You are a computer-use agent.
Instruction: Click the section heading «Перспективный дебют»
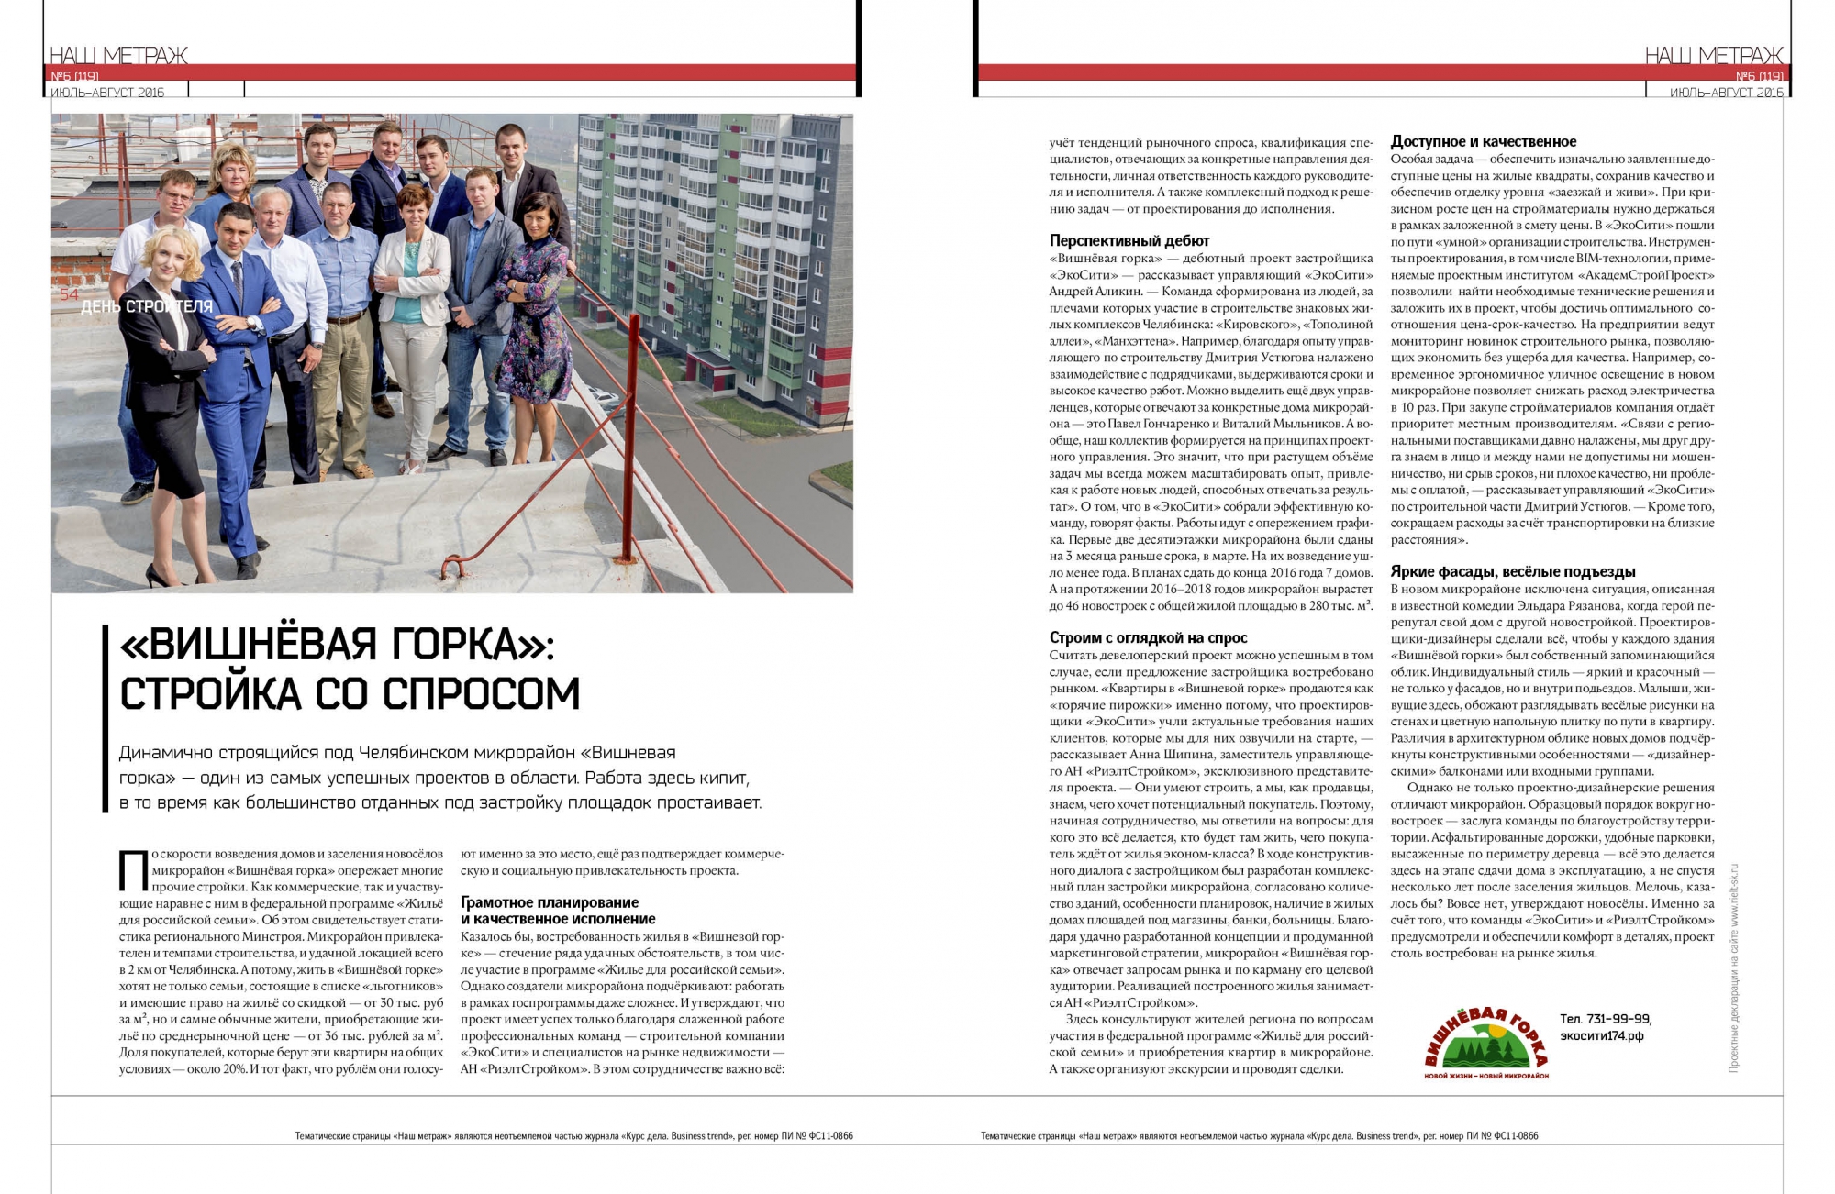tap(1129, 240)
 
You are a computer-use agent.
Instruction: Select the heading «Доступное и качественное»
tap(1483, 141)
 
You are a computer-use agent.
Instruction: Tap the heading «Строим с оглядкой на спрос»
tap(1148, 637)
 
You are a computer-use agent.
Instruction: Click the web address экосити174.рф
tap(1602, 1036)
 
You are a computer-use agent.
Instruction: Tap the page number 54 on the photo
tap(69, 294)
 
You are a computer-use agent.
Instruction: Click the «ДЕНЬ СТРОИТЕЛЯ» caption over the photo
tap(147, 306)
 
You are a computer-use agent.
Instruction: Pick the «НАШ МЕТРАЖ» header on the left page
tap(118, 55)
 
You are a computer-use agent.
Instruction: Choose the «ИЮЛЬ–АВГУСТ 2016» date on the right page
tap(1727, 93)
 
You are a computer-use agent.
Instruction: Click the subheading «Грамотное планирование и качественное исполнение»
tap(558, 911)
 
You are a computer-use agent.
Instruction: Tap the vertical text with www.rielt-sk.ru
tap(1733, 968)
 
